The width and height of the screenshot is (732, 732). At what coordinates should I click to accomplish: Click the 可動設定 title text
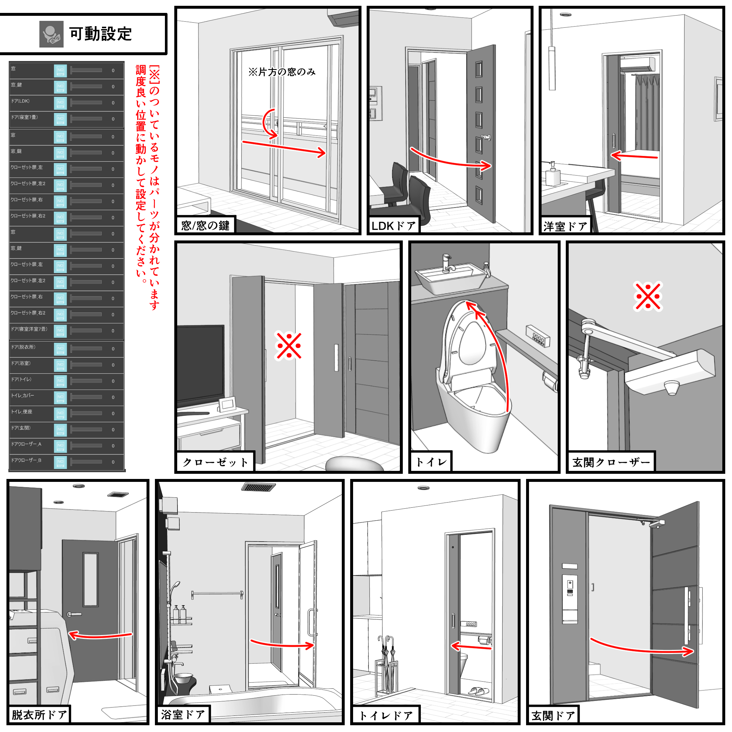click(100, 34)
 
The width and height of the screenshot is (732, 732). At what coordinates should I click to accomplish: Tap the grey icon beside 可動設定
click(51, 34)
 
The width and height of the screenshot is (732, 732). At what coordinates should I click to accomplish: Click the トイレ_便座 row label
click(22, 412)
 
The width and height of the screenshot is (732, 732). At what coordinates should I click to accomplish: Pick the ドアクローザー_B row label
click(26, 460)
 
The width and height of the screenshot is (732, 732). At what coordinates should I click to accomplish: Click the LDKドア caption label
click(393, 226)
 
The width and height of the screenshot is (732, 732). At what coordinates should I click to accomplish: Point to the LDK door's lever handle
click(486, 137)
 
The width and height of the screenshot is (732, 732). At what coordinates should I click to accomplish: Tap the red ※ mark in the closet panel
click(289, 346)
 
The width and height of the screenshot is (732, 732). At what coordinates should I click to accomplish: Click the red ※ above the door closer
click(647, 297)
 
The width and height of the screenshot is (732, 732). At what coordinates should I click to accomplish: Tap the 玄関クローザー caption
click(611, 462)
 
